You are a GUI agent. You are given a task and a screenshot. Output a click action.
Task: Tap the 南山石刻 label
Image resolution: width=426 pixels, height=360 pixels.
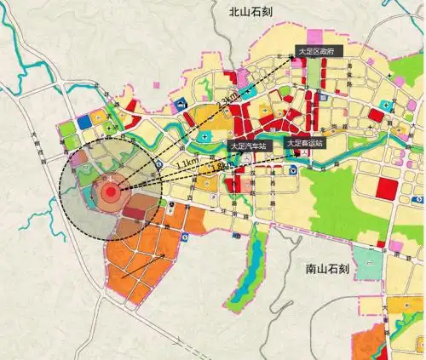[x=327, y=269]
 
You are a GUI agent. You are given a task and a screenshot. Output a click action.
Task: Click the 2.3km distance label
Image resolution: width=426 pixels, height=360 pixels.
[x=227, y=104]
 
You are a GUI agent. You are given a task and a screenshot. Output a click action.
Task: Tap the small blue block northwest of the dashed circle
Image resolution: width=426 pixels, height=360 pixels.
[x=83, y=122]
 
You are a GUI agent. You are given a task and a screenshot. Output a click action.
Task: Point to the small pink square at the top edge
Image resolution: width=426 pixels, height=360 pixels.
[x=319, y=37]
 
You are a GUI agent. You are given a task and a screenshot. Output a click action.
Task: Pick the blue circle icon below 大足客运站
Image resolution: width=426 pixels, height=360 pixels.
[x=293, y=169]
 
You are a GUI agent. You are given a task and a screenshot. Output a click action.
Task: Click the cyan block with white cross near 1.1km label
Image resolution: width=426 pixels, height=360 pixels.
[x=204, y=136]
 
